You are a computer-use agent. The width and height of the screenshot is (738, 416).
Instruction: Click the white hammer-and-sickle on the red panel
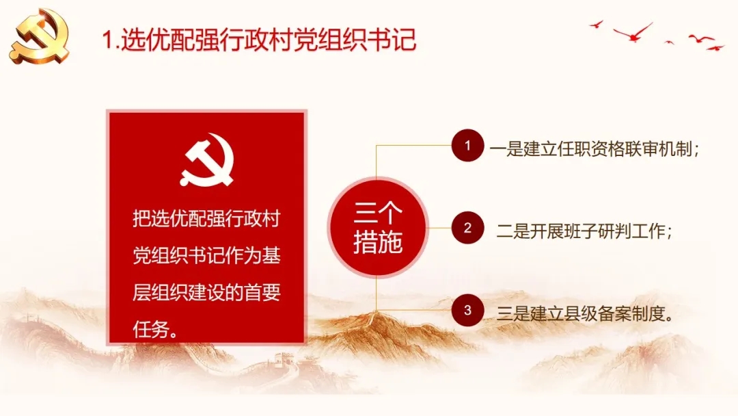[207, 159]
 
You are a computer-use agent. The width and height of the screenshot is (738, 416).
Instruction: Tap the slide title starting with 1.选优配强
[260, 40]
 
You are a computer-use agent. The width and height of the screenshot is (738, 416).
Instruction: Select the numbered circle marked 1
[467, 145]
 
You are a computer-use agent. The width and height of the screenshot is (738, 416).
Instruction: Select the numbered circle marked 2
[467, 228]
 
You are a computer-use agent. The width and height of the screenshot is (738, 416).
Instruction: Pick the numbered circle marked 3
[467, 310]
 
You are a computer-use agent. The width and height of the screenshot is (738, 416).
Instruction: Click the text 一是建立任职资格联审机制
[590, 149]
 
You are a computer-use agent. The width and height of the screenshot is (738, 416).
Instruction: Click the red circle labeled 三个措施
[378, 228]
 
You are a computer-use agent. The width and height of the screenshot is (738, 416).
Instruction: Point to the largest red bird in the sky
[633, 32]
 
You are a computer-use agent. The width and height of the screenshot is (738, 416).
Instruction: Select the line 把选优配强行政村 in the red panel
[206, 218]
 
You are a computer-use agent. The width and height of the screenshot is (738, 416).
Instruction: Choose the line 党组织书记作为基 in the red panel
[206, 255]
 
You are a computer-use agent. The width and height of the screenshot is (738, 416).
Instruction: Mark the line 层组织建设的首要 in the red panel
[206, 293]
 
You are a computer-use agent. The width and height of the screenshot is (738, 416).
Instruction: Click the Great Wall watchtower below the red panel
[284, 360]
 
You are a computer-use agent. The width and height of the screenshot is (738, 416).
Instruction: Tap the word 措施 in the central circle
[378, 242]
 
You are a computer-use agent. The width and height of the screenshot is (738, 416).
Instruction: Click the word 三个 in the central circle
[378, 213]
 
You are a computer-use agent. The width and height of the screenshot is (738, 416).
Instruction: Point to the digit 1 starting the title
[108, 40]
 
